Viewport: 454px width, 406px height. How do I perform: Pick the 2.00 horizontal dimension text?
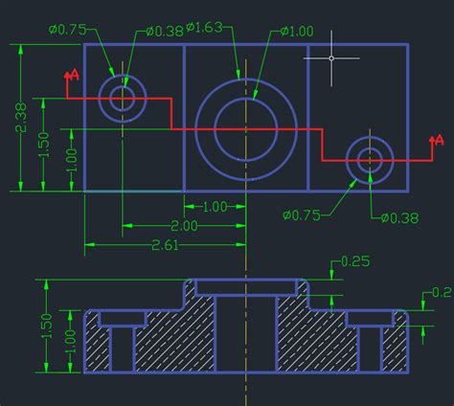(184, 227)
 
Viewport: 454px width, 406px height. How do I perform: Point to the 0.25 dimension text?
(354, 260)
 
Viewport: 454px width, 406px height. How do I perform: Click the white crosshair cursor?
(331, 58)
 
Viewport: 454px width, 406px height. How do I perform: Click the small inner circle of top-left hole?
(122, 98)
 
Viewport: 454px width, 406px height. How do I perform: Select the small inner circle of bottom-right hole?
(370, 160)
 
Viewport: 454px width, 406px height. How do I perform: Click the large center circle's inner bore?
(245, 124)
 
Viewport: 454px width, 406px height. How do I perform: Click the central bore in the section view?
(245, 335)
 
